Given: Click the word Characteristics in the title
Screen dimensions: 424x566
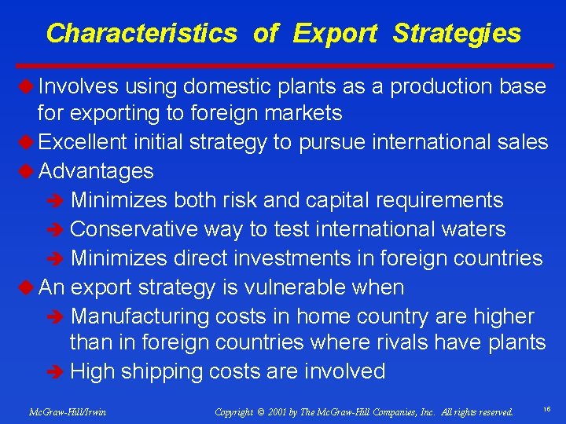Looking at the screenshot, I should pos(141,34).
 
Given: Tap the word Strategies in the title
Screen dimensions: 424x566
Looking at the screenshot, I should pos(457,34).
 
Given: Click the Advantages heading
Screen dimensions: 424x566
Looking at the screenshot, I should pos(96,170).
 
